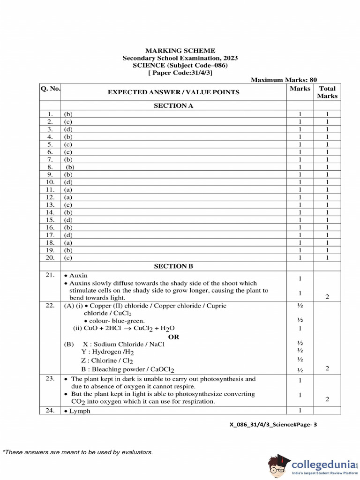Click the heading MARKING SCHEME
coord(180,51)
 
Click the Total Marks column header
coord(327,92)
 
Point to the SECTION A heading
coord(173,106)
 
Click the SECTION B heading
coord(173,266)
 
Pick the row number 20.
coord(50,257)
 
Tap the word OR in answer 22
coord(173,337)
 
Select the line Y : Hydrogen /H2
coord(107,352)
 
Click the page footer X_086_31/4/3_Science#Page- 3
coord(273,425)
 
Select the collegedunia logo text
coord(323,464)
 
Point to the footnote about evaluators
coord(78,452)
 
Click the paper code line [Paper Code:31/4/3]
coord(180,73)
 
